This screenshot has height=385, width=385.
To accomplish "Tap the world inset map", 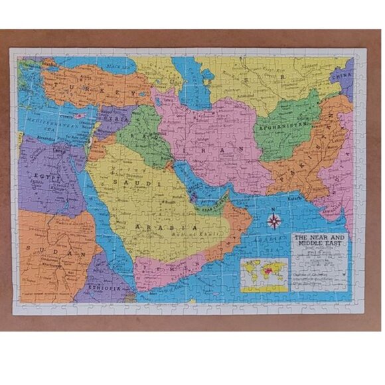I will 264,274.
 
